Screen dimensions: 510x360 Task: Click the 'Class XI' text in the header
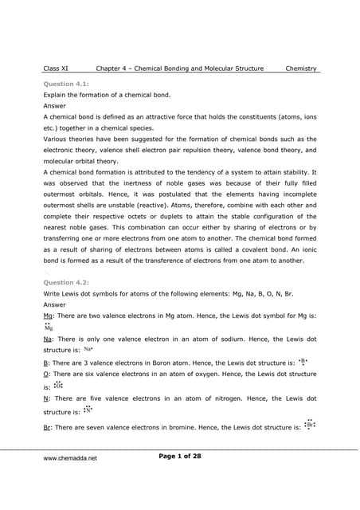pos(56,69)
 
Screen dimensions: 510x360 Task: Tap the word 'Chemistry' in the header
pos(301,69)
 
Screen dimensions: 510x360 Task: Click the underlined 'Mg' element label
pos(48,316)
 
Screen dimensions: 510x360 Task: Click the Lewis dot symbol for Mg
pos(49,327)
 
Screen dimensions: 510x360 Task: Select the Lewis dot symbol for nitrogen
pos(88,410)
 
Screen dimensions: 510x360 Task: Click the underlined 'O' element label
pos(46,373)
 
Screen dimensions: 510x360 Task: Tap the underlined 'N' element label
pos(46,398)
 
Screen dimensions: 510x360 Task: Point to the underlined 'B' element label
pos(45,362)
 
